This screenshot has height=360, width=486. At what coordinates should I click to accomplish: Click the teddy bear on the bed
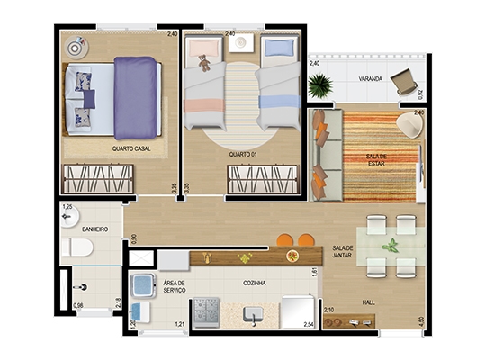pos(204,63)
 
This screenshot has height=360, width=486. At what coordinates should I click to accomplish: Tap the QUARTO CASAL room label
pos(131,148)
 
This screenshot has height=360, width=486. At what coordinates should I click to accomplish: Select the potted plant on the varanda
pos(320,85)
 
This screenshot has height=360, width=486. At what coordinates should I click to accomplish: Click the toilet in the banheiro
pos(77,247)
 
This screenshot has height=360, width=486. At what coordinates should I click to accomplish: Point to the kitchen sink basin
pos(253,314)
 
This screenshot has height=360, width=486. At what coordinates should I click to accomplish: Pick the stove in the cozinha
pos(206,312)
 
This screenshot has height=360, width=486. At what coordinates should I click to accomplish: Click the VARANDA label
pos(371,79)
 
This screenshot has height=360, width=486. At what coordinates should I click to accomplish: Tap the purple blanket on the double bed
pos(135,98)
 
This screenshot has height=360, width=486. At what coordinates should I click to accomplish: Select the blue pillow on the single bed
pos(279,48)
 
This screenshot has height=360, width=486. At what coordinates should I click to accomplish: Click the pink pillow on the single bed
pos(204,49)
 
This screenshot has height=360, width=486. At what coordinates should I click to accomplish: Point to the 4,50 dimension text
pos(420,321)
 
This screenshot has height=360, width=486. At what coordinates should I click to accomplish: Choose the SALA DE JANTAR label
pos(342,251)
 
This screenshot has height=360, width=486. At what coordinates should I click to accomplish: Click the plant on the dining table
pos(391,246)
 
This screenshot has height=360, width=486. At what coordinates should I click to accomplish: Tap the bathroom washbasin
pos(70,216)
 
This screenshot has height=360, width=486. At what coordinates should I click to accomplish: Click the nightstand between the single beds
pos(241,43)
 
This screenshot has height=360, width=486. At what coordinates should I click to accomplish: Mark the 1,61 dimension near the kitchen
pos(315,272)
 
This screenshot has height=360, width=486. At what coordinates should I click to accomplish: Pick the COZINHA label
pos(255,283)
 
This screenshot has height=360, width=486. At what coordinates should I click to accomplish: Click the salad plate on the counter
pos(292,256)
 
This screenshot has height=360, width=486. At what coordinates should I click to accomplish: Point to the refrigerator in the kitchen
pos(298,312)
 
